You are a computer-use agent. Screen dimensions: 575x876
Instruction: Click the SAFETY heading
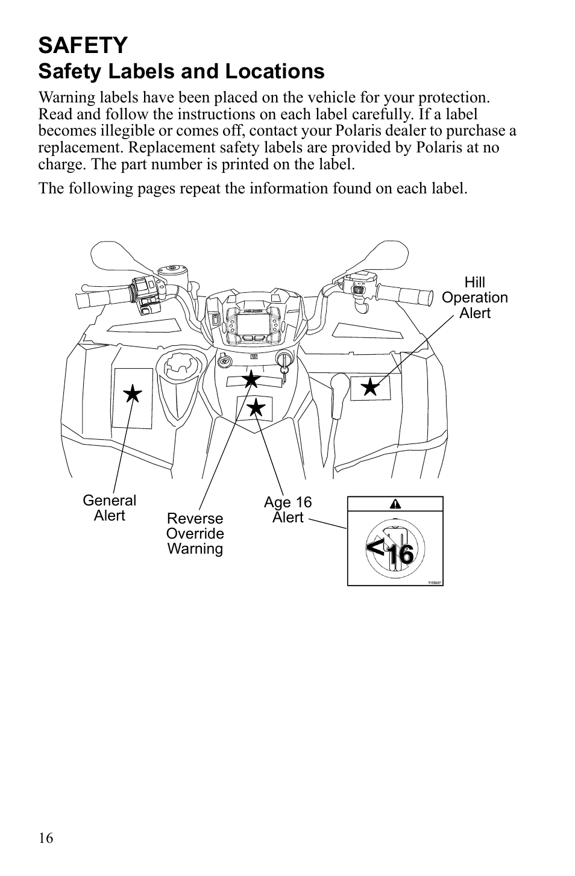(83, 45)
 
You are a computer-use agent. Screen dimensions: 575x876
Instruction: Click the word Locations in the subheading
(275, 72)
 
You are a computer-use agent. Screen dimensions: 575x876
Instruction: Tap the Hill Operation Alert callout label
(474, 297)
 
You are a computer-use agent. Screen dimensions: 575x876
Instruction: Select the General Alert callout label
(109, 508)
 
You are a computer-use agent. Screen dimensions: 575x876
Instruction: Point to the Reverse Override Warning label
(195, 533)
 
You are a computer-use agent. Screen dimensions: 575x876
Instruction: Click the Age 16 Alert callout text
(288, 510)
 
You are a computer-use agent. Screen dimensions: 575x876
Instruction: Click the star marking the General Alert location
(133, 393)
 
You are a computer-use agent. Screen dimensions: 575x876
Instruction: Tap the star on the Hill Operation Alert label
(370, 387)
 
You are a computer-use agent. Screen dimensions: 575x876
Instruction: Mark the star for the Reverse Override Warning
(251, 378)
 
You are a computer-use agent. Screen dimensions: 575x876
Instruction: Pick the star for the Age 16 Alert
(256, 407)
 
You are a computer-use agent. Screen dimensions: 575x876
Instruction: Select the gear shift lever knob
(339, 385)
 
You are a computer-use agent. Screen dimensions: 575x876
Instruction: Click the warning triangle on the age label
(395, 504)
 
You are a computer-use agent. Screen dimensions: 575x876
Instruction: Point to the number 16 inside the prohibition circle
(401, 554)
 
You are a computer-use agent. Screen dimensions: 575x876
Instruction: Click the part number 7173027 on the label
(434, 583)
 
